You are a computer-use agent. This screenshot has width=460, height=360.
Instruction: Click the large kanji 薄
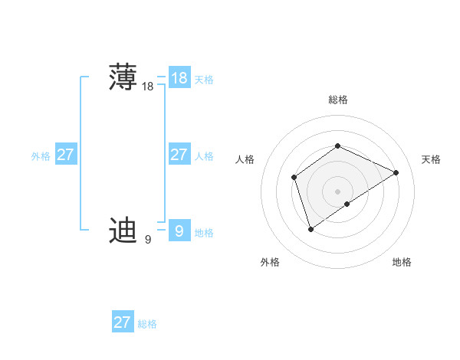[123, 77]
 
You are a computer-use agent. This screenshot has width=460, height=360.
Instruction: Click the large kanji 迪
[123, 230]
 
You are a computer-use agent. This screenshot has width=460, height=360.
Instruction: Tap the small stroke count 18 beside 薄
[147, 87]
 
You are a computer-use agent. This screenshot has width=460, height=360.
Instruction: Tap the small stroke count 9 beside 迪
[147, 240]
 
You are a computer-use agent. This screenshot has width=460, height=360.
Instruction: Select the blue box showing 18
[179, 78]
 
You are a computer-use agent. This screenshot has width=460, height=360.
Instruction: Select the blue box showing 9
[179, 231]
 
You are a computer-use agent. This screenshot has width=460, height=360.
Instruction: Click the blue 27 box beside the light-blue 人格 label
[179, 155]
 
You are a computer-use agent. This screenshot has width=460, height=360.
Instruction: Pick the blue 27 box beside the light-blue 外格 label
[65, 155]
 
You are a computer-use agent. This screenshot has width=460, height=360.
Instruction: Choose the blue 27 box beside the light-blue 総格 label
[122, 322]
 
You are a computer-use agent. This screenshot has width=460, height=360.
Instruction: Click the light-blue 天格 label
[204, 80]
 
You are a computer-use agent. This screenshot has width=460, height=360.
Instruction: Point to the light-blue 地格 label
[204, 232]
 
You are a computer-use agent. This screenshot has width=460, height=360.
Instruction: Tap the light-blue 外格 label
[41, 156]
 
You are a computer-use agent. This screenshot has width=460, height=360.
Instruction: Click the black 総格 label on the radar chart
[338, 100]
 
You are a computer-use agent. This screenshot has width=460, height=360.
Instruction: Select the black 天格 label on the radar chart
[431, 159]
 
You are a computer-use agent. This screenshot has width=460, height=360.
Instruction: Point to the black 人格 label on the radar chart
[245, 159]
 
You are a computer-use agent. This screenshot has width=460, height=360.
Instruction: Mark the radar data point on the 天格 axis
[396, 172]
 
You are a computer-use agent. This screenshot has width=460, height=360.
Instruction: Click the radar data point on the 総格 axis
[337, 146]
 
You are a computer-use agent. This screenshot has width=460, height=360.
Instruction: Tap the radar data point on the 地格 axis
[347, 204]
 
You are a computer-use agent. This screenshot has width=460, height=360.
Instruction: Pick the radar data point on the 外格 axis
[310, 228]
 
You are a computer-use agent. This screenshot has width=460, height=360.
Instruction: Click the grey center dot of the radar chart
[337, 191]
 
